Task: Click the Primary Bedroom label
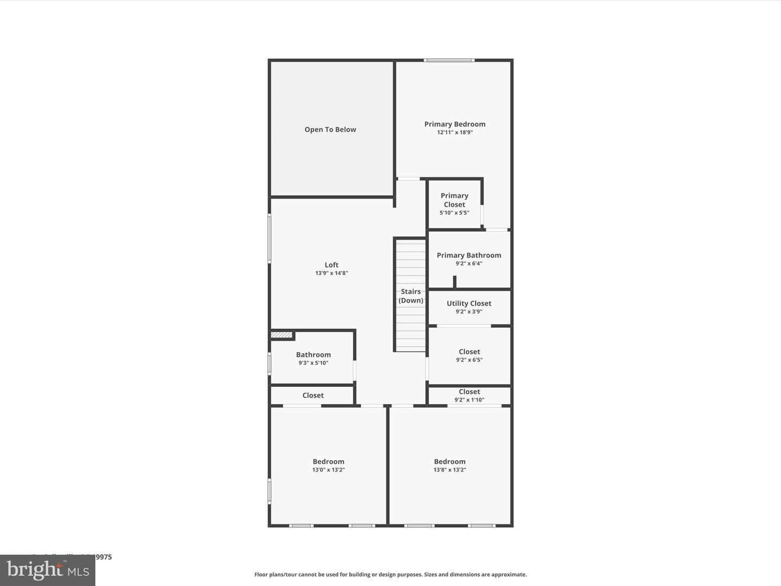(x=454, y=124)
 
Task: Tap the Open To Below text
(x=330, y=129)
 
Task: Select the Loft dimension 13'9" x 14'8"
(x=331, y=273)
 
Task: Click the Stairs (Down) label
(x=411, y=296)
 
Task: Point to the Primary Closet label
(x=454, y=200)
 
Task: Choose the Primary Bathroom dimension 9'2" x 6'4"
(x=469, y=264)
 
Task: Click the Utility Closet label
(x=469, y=303)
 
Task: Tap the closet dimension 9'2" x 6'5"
(x=469, y=360)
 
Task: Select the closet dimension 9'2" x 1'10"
(x=469, y=400)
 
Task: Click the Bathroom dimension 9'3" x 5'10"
(x=313, y=363)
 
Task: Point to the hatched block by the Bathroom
(x=281, y=335)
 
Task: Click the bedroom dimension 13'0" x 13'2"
(x=328, y=470)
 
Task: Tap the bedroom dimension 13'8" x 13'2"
(x=450, y=470)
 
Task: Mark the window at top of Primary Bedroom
(x=449, y=60)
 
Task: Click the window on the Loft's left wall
(x=270, y=239)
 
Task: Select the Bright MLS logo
(x=48, y=570)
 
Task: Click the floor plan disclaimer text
(x=390, y=574)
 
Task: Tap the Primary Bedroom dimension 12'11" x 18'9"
(x=454, y=132)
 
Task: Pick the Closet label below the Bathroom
(x=313, y=395)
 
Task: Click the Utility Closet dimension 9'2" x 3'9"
(x=469, y=312)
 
